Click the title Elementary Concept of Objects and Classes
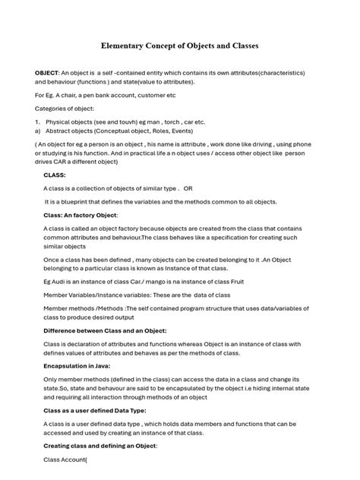click(x=180, y=46)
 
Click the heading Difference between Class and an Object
click(x=105, y=330)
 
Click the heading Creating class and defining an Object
click(x=99, y=445)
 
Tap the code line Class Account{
click(x=65, y=459)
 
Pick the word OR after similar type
click(x=188, y=188)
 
